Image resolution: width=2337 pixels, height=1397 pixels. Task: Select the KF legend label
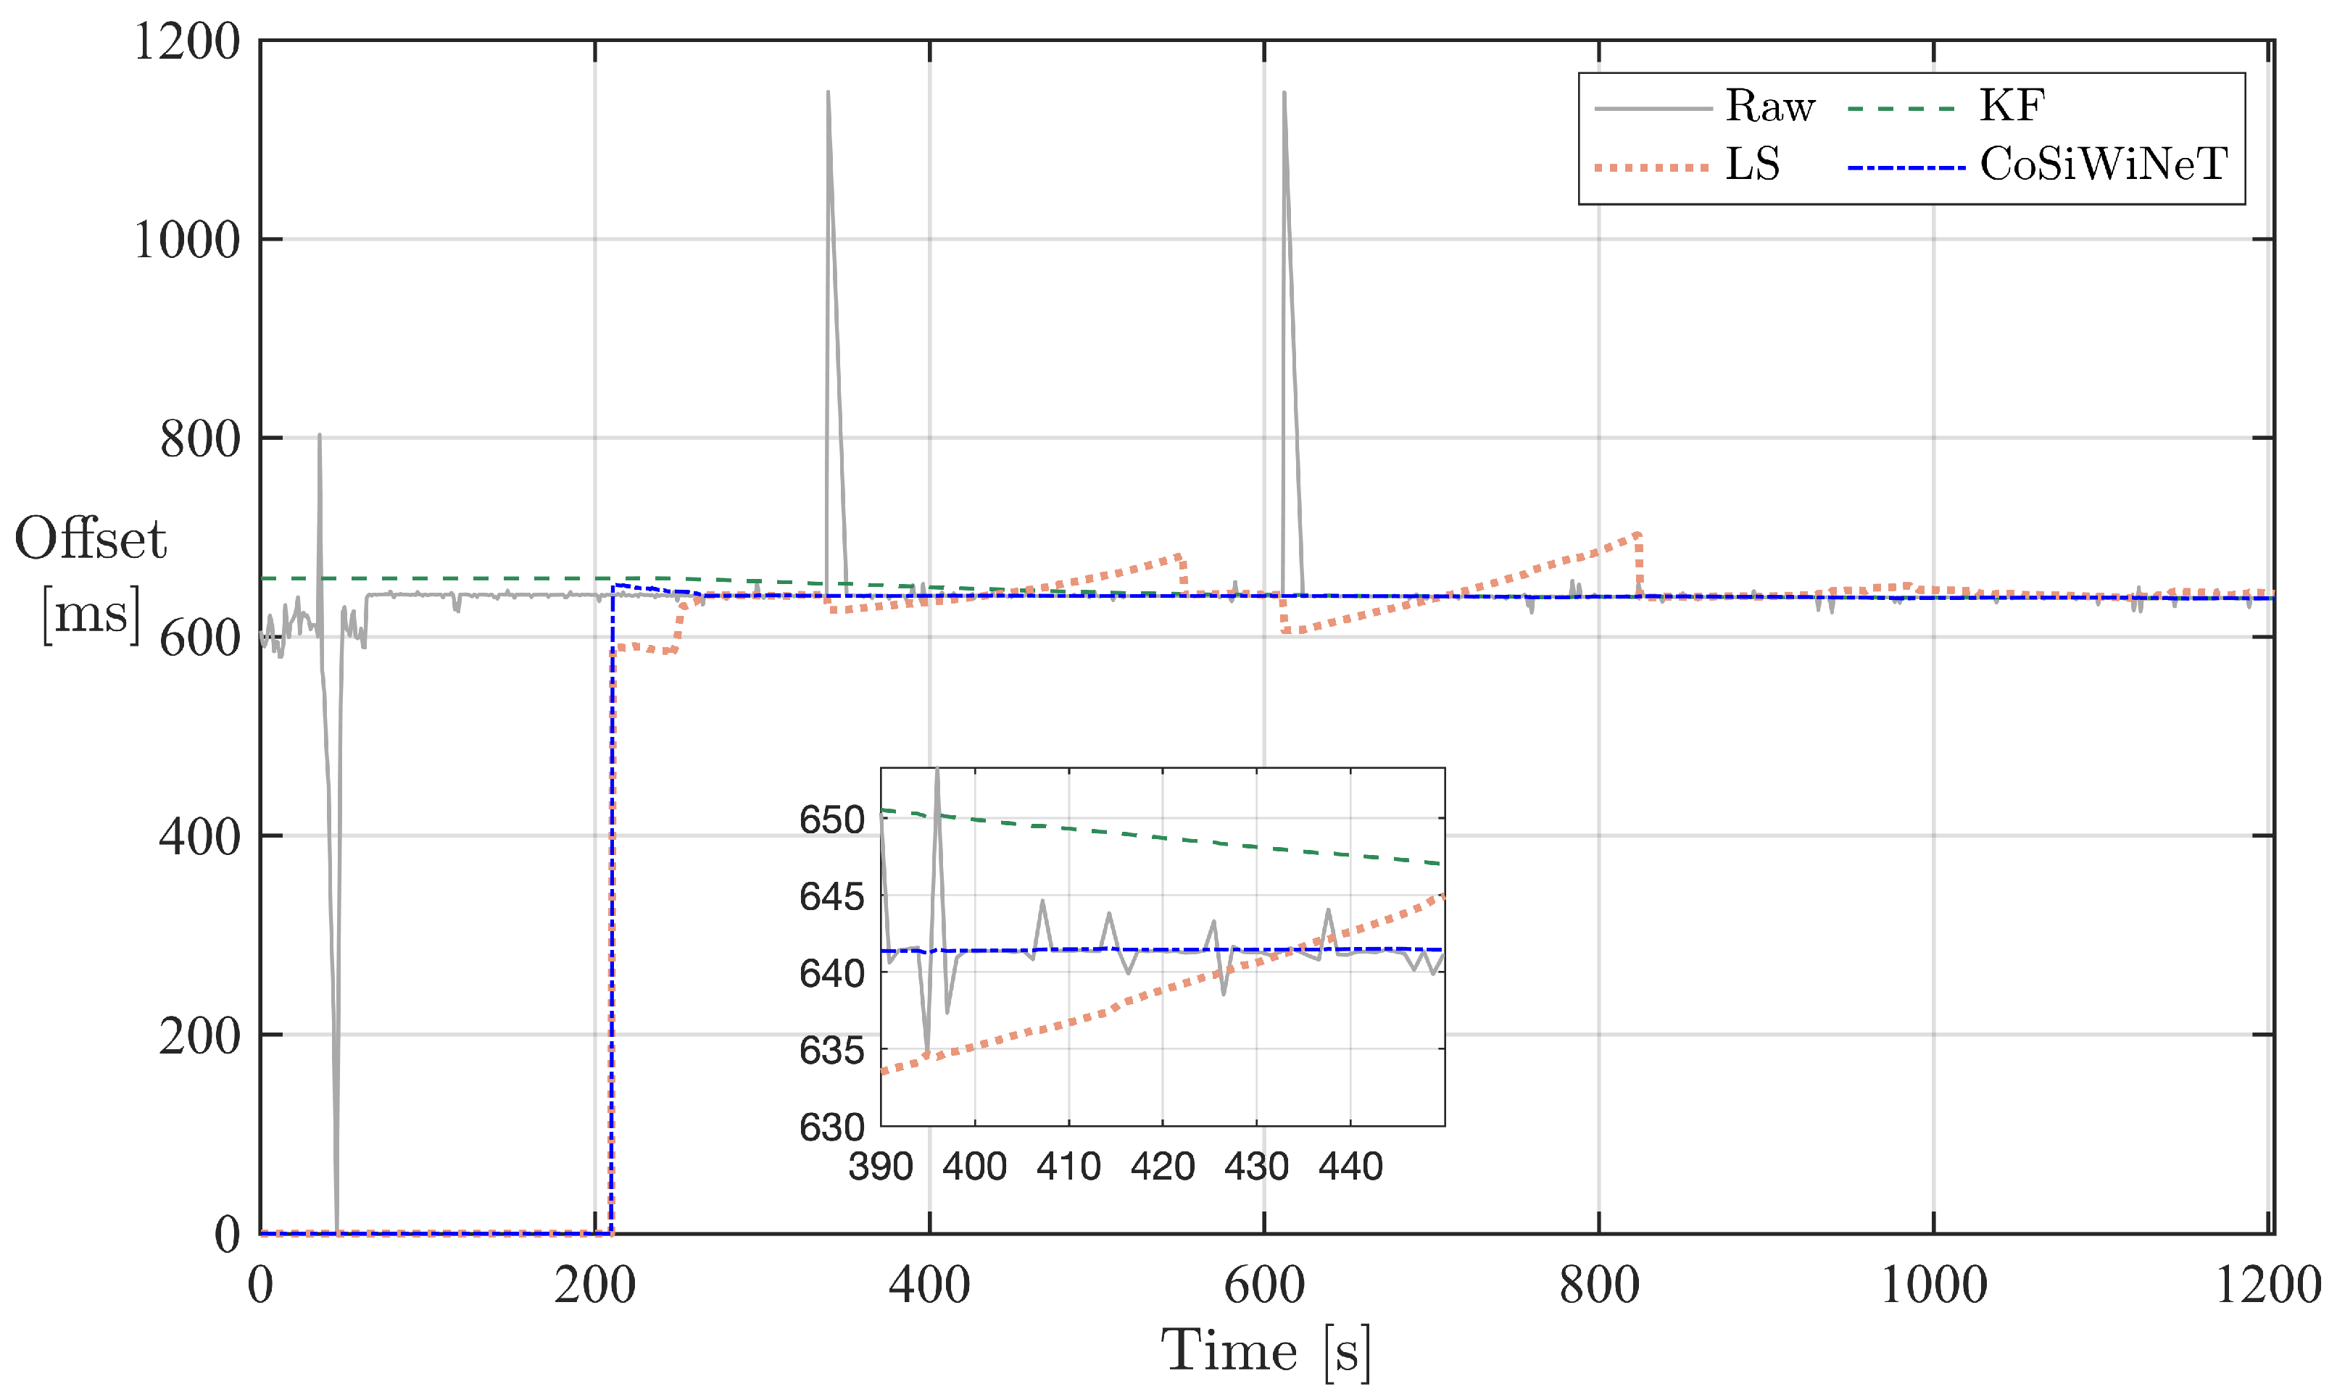pos(2012,107)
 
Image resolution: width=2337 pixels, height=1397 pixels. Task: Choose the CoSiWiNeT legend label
pos(2103,164)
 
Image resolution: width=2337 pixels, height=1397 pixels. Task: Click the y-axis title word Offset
pos(91,539)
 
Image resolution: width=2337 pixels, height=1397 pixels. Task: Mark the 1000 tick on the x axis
pos(1933,1286)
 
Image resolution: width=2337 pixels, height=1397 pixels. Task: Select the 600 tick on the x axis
pos(1263,1286)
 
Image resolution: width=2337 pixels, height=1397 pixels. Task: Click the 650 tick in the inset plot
pos(831,820)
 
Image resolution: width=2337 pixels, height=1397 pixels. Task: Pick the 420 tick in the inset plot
pos(1162,1167)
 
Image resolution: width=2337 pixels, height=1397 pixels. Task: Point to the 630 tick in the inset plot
pos(831,1127)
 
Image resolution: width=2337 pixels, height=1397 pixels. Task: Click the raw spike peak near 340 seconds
pos(828,92)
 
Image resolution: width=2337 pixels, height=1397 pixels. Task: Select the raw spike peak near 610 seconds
pos(1284,92)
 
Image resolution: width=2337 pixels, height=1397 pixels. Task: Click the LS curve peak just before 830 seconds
pos(1637,535)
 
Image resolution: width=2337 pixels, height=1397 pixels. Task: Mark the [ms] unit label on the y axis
pos(91,614)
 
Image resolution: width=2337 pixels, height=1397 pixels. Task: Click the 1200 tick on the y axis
pos(186,42)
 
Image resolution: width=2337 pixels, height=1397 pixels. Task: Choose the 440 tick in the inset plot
pos(1350,1167)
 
